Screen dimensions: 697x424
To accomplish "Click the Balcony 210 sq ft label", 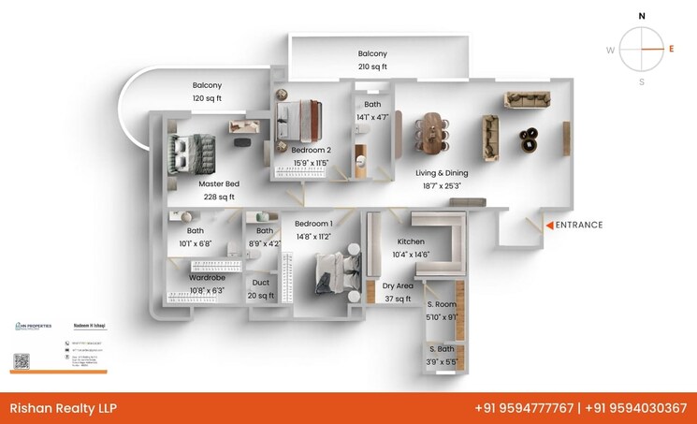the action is (x=372, y=60).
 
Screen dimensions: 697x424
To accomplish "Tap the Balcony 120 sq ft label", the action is (x=207, y=91).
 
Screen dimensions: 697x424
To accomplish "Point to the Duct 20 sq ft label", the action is (x=261, y=288).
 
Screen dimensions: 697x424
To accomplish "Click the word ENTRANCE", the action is (x=579, y=225).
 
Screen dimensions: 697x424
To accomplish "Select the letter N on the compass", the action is (x=642, y=16).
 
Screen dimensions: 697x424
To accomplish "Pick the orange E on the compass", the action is (x=671, y=48).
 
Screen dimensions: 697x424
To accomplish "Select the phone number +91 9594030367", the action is (x=635, y=408).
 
